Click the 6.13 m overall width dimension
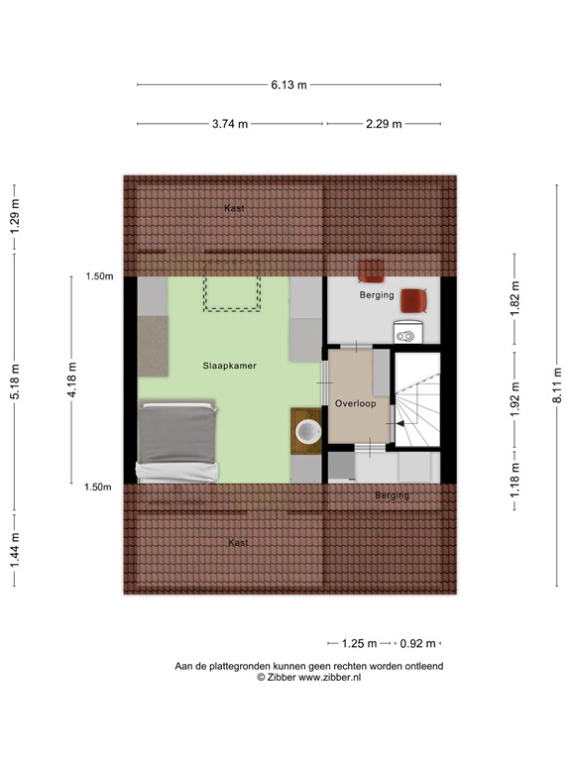288,85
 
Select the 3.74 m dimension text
230,124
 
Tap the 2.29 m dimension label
384,124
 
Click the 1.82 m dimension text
514,298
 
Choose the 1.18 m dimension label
514,480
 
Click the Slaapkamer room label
229,366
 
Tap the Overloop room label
354,404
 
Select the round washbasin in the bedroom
308,430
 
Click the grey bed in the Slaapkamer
177,439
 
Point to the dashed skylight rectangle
232,293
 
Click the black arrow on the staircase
400,424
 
